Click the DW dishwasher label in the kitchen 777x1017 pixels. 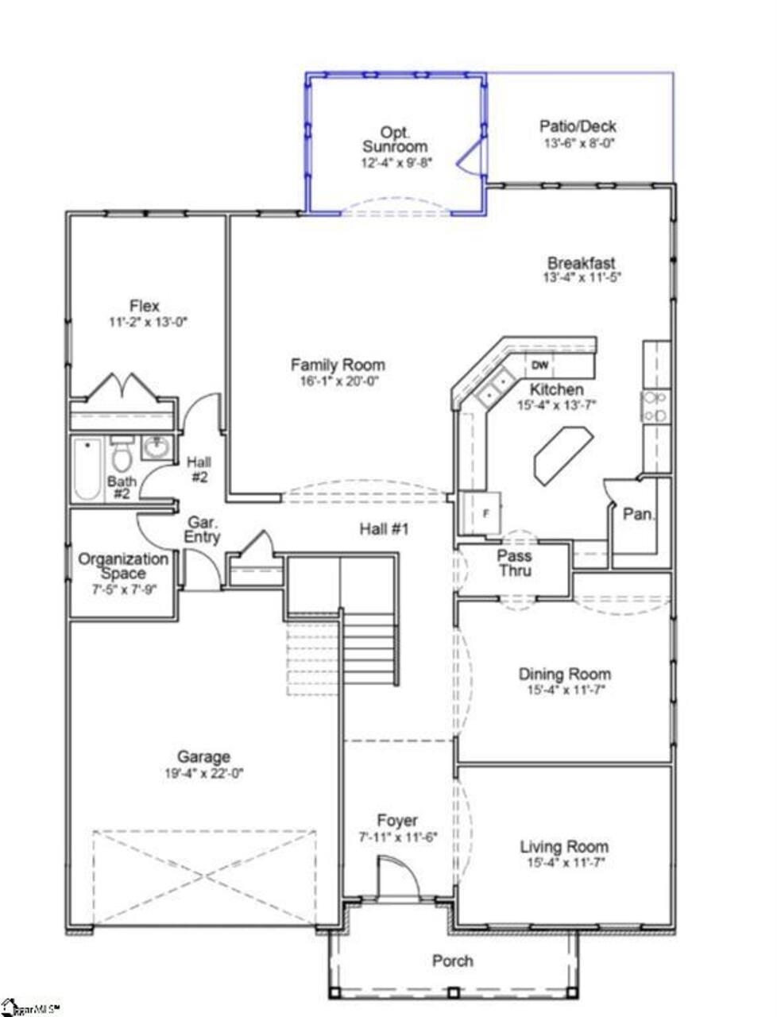click(539, 365)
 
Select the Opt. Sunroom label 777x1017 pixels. click(395, 139)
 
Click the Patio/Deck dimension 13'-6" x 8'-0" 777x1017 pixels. click(579, 144)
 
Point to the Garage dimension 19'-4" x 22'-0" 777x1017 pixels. click(204, 773)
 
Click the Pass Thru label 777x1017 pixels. click(514, 563)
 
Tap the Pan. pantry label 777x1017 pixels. click(639, 514)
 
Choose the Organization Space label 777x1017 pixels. click(123, 566)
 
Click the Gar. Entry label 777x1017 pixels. click(203, 530)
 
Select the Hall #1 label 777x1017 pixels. click(385, 528)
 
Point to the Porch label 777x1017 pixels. click(453, 961)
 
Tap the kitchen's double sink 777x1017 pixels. click(494, 388)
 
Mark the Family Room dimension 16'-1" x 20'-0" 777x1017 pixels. click(338, 381)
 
